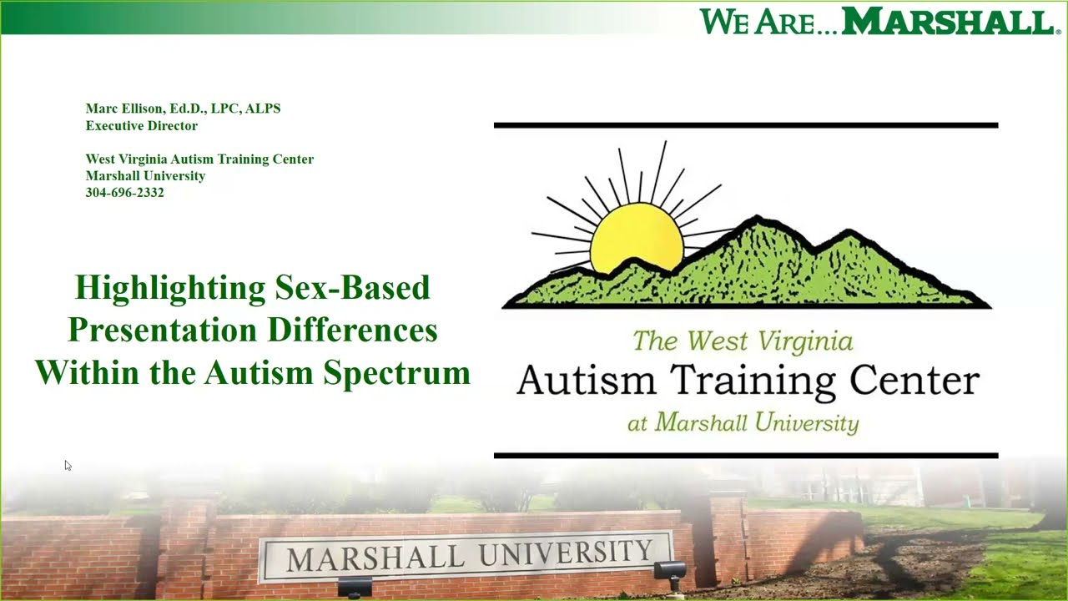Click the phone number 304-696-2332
[124, 193]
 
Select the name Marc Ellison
[124, 109]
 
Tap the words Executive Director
[141, 126]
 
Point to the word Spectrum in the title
[397, 372]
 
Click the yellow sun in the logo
[636, 237]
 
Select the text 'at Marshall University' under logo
[743, 422]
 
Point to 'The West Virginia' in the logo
[743, 341]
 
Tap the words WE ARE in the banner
[756, 22]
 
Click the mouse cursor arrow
[68, 465]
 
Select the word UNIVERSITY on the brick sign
[571, 553]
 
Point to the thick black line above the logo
[745, 125]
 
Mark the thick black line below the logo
[745, 456]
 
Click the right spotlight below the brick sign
[669, 571]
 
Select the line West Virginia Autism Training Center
[199, 159]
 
